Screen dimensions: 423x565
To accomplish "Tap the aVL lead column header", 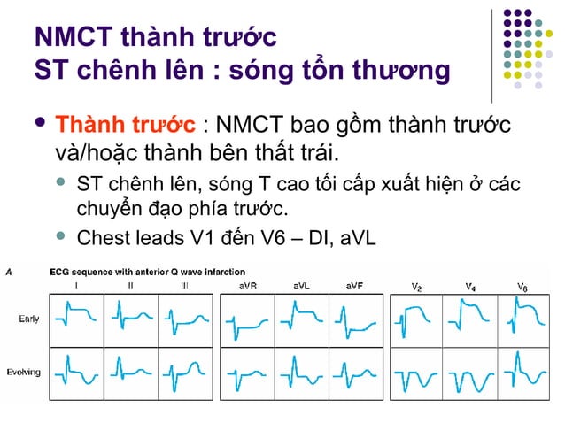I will pyautogui.click(x=302, y=286).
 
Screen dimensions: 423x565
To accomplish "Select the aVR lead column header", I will pyautogui.click(x=247, y=286).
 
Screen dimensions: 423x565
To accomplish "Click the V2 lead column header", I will pyautogui.click(x=416, y=287).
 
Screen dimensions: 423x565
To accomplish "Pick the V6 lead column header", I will pyautogui.click(x=524, y=287).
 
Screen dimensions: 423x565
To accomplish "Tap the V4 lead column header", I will pyautogui.click(x=470, y=287).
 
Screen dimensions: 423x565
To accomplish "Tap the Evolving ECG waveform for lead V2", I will pyautogui.click(x=416, y=374).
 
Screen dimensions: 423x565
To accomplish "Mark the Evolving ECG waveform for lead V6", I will pyautogui.click(x=524, y=374).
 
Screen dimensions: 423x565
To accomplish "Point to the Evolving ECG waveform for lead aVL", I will pyautogui.click(x=302, y=374).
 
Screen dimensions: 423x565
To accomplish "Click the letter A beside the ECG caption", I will pyautogui.click(x=9, y=271).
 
